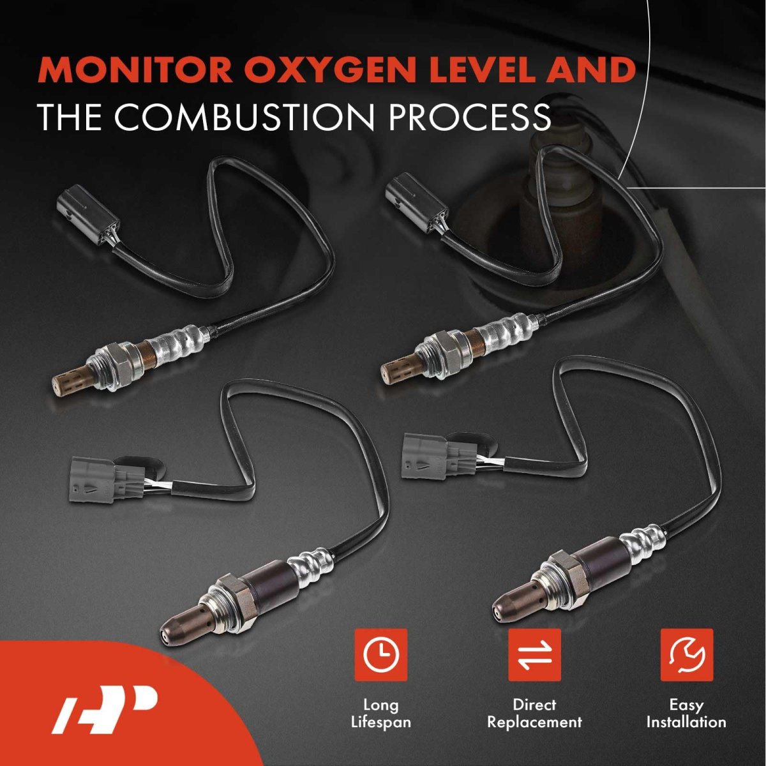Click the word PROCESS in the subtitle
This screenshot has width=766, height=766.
tap(469, 117)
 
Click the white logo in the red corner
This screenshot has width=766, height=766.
tap(104, 709)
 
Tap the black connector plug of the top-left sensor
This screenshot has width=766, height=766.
tap(88, 217)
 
